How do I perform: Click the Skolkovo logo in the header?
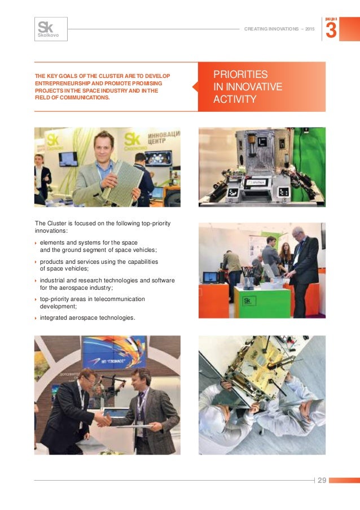click(51, 29)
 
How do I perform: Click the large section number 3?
click(332, 30)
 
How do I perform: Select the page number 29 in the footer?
click(322, 480)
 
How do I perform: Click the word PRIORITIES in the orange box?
click(240, 75)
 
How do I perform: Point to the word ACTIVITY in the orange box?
click(235, 100)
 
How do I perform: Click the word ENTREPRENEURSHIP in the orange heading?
click(62, 83)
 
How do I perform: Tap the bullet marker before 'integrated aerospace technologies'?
click(36, 318)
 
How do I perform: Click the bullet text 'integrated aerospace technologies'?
click(87, 317)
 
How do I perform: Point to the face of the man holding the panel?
click(103, 146)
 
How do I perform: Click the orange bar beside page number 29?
click(344, 480)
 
